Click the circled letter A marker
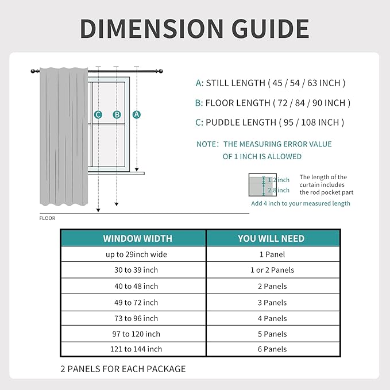click(137, 114)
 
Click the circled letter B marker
click(117, 114)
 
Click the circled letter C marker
click(98, 114)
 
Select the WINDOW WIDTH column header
click(137, 238)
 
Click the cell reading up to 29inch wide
click(137, 254)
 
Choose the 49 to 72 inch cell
click(137, 302)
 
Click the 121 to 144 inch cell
click(137, 349)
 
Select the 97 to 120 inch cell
click(137, 334)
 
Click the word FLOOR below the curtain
click(47, 218)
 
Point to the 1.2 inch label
click(279, 180)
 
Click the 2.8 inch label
click(279, 190)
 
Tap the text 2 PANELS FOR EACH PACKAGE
click(123, 369)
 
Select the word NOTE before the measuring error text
click(207, 144)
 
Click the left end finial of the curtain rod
click(33, 71)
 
